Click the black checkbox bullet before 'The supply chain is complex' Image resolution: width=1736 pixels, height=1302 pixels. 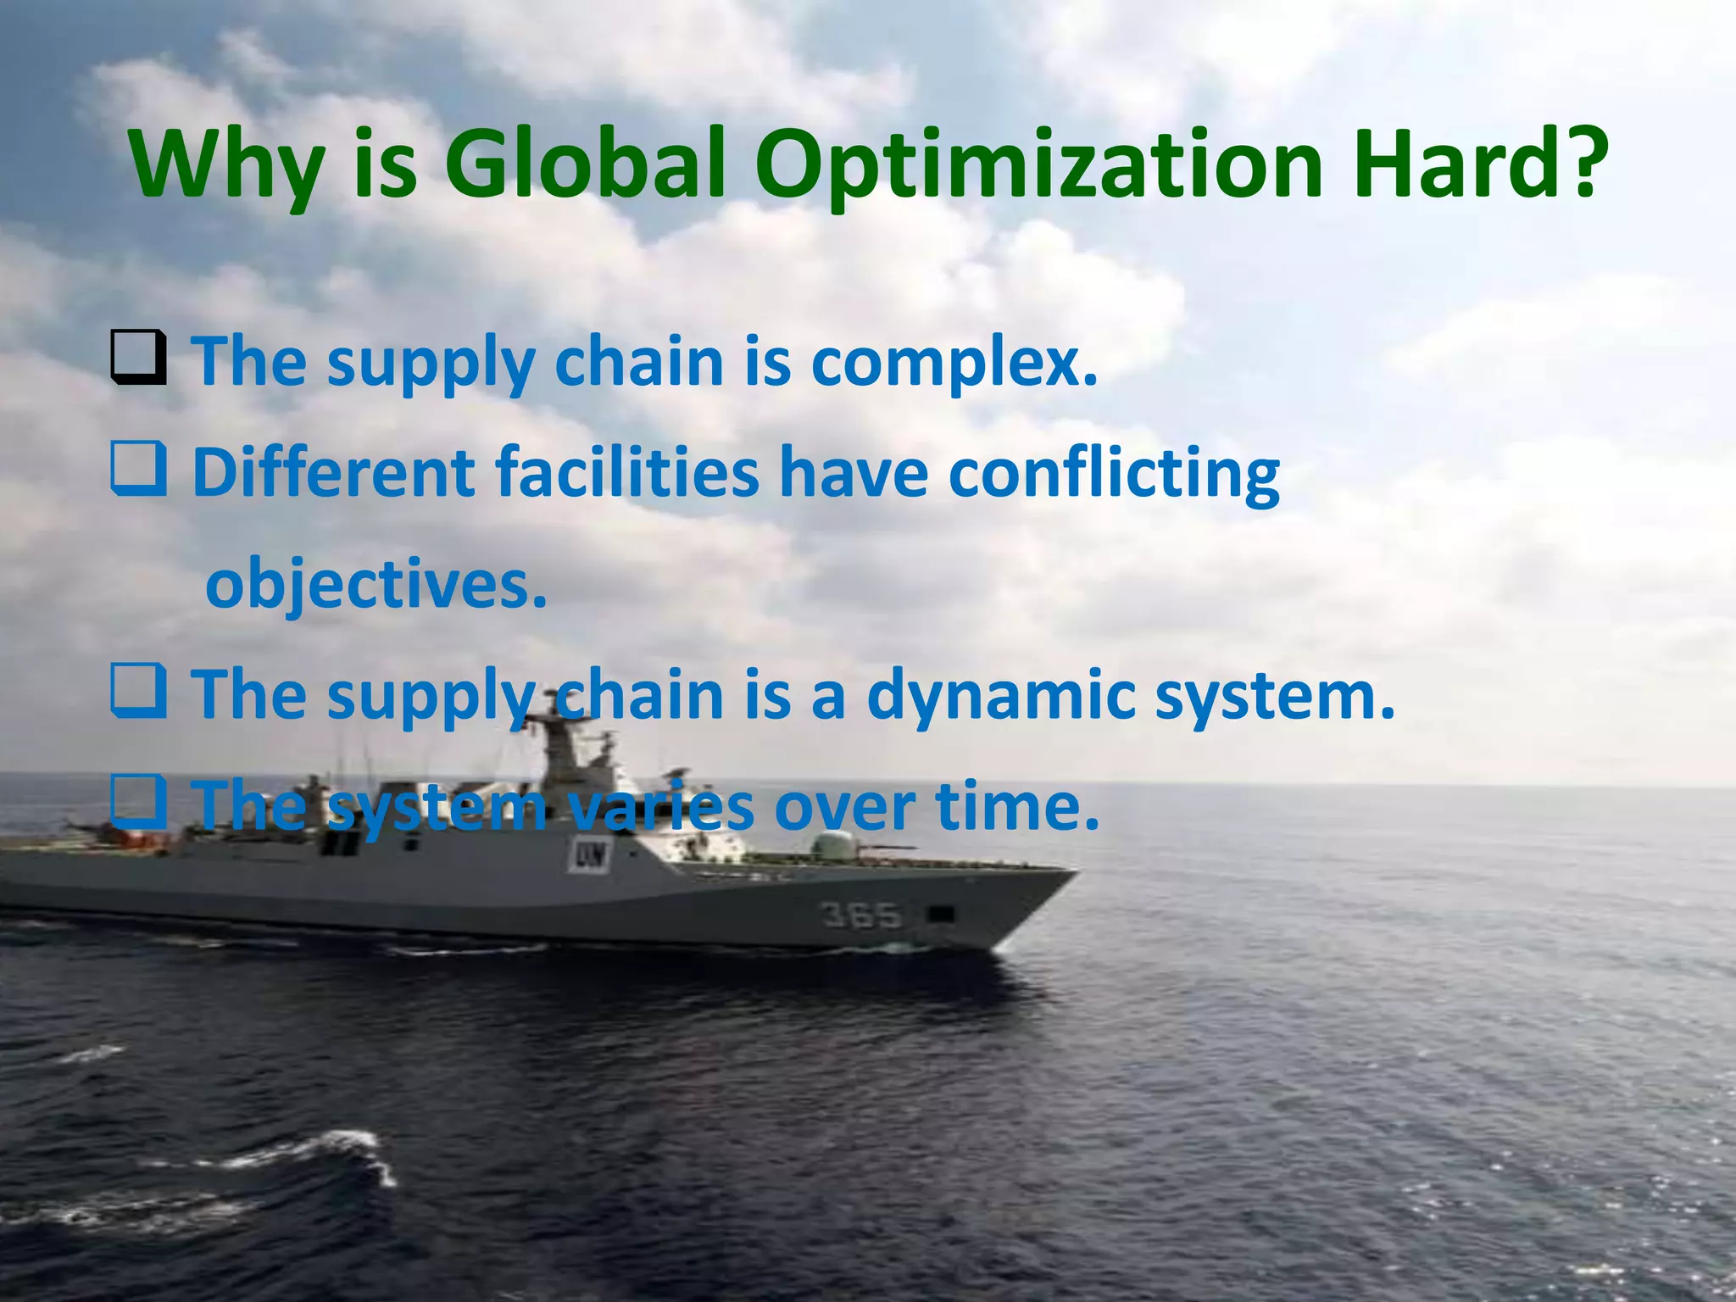(138, 360)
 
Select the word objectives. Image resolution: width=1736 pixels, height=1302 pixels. (376, 586)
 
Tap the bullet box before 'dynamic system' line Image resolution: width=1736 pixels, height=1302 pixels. (138, 693)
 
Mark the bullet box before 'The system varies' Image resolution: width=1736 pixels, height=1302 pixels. (138, 804)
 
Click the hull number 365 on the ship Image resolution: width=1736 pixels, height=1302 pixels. (860, 915)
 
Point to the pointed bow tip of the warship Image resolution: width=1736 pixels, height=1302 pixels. (1071, 873)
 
